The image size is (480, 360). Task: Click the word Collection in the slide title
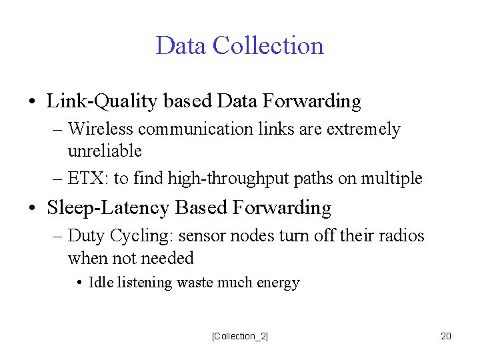pos(268,46)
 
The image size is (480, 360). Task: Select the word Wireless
pos(96,129)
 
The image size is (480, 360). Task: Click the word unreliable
pos(105,151)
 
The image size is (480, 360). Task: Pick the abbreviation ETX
pos(83,179)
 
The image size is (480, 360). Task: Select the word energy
pos(279,283)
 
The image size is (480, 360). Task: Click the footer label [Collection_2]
pos(240,336)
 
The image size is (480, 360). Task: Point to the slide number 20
pos(446,336)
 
